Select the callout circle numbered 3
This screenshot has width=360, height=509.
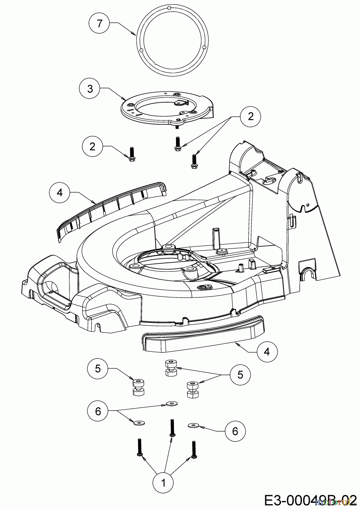coord(90,89)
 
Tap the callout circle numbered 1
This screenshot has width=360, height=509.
coord(163,482)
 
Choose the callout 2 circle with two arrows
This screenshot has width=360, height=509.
coord(250,117)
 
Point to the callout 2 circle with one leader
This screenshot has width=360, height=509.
coord(92,146)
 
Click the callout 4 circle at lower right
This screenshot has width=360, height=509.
coord(267,351)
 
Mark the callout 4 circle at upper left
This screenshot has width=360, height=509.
coord(59,192)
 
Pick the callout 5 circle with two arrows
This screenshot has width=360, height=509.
coord(240,375)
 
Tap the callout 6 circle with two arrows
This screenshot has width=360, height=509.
coord(98,411)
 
